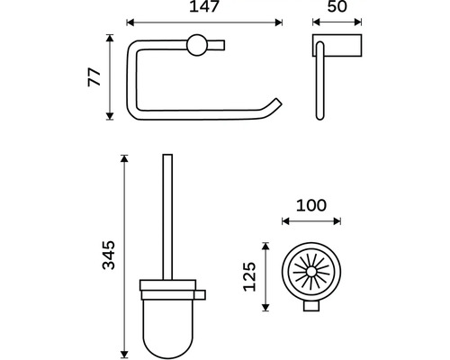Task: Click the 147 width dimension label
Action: (204, 6)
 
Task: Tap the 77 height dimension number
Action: (94, 77)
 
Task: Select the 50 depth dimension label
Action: (337, 6)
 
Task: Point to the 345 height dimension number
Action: (109, 255)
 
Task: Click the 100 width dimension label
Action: (311, 205)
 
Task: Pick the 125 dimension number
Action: (249, 276)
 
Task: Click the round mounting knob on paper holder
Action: (197, 45)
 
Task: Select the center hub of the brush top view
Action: (311, 272)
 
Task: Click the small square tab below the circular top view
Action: (311, 306)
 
